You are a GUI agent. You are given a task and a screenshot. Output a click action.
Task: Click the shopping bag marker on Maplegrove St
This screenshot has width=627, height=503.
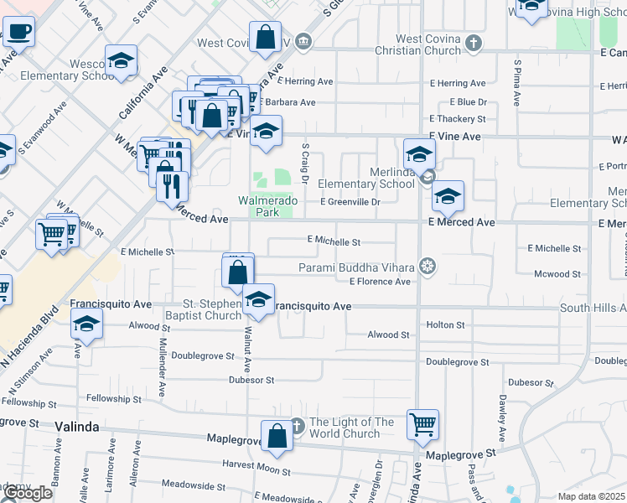click(277, 435)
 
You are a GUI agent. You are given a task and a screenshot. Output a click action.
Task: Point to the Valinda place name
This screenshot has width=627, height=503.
click(76, 427)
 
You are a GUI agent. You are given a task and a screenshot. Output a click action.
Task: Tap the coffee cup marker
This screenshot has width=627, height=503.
click(19, 33)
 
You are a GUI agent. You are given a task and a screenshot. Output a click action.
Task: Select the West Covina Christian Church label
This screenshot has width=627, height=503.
click(428, 44)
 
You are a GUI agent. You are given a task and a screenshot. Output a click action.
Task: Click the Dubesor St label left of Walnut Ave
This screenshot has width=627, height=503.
click(251, 380)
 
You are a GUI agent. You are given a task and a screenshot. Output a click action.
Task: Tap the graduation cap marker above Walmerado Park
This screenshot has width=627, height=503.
click(267, 132)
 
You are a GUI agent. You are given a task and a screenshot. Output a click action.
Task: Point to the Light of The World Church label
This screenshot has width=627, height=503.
click(345, 428)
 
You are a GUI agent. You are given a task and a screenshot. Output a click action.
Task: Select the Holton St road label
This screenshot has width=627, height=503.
click(445, 324)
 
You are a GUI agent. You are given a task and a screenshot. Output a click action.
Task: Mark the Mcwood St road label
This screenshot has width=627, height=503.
click(557, 274)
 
